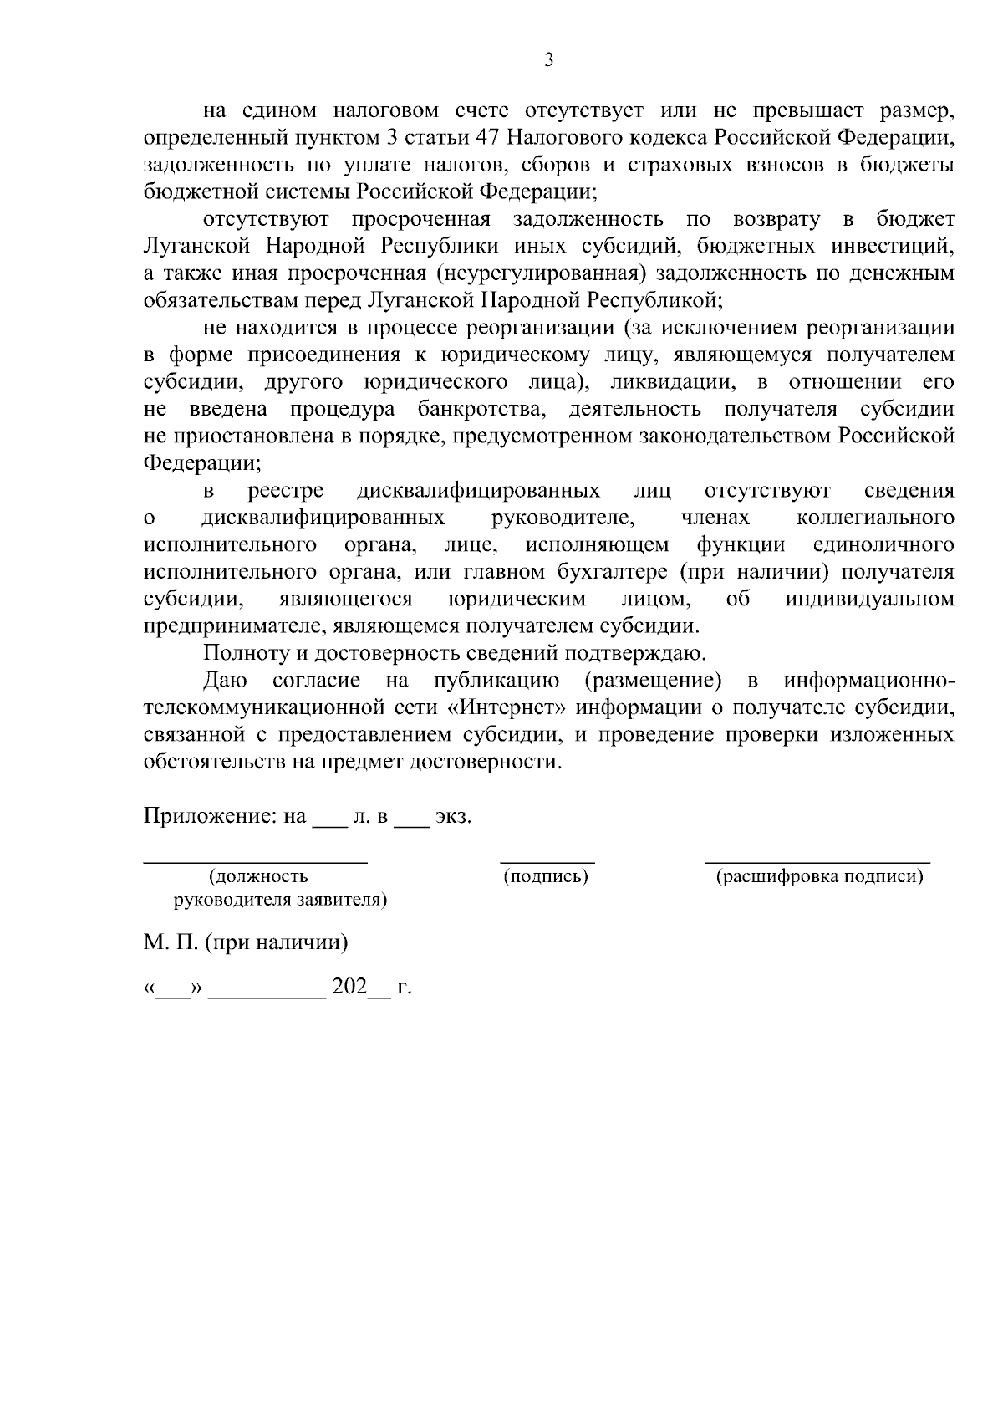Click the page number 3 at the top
pyautogui.click(x=548, y=60)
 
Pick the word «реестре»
pyautogui.click(x=287, y=490)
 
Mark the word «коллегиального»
pyautogui.click(x=875, y=518)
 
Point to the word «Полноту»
pyautogui.click(x=239, y=653)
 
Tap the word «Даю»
pyautogui.click(x=221, y=681)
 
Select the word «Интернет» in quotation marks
pyautogui.click(x=507, y=707)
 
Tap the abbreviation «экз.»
pyautogui.click(x=454, y=816)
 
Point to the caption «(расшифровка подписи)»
pyautogui.click(x=819, y=877)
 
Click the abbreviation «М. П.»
pyautogui.click(x=170, y=942)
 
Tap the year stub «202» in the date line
pyautogui.click(x=350, y=988)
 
